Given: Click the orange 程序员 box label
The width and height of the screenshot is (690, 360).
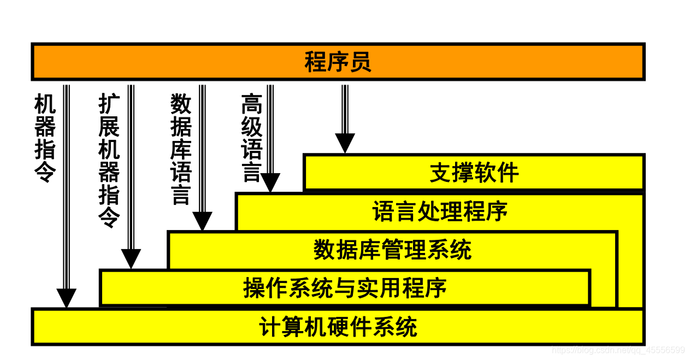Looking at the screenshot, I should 338,62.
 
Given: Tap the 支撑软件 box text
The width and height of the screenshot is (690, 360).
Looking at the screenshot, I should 474,173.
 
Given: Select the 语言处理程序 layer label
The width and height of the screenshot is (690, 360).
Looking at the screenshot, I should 440,211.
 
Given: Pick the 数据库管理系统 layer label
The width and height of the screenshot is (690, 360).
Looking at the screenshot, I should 392,250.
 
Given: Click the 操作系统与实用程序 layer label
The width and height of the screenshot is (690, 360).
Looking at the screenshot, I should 345,288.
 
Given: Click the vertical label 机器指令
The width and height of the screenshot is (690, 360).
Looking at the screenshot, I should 45,138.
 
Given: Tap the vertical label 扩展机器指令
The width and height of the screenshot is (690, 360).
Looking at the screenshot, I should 109,161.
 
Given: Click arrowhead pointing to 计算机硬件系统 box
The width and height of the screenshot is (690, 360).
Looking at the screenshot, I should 67,298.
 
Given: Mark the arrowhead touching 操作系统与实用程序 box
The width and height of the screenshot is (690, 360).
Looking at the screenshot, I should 131,259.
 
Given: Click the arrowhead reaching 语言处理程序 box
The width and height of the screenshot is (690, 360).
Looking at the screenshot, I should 270,183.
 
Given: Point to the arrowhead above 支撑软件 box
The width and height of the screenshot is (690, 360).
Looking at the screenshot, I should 345,143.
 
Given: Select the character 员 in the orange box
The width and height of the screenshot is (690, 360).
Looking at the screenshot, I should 360,62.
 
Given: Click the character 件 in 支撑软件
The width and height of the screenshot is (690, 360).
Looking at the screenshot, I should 508,173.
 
